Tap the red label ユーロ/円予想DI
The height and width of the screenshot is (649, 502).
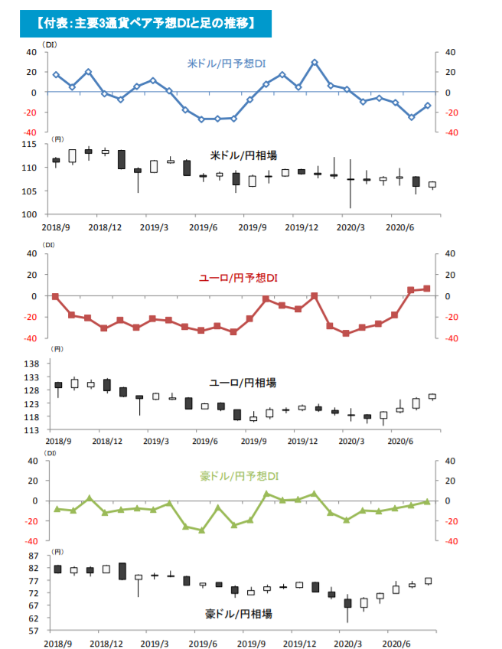click(x=241, y=276)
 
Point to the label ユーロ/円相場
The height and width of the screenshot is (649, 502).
click(x=243, y=382)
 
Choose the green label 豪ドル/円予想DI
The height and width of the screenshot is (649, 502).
click(x=240, y=477)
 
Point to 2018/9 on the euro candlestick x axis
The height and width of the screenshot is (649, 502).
click(x=58, y=442)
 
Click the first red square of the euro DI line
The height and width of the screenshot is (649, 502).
click(x=55, y=296)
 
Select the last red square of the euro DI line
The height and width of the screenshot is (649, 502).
click(x=427, y=289)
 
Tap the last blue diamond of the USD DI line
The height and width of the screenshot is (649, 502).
click(x=428, y=106)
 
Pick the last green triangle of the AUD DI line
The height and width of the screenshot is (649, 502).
click(x=427, y=502)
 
